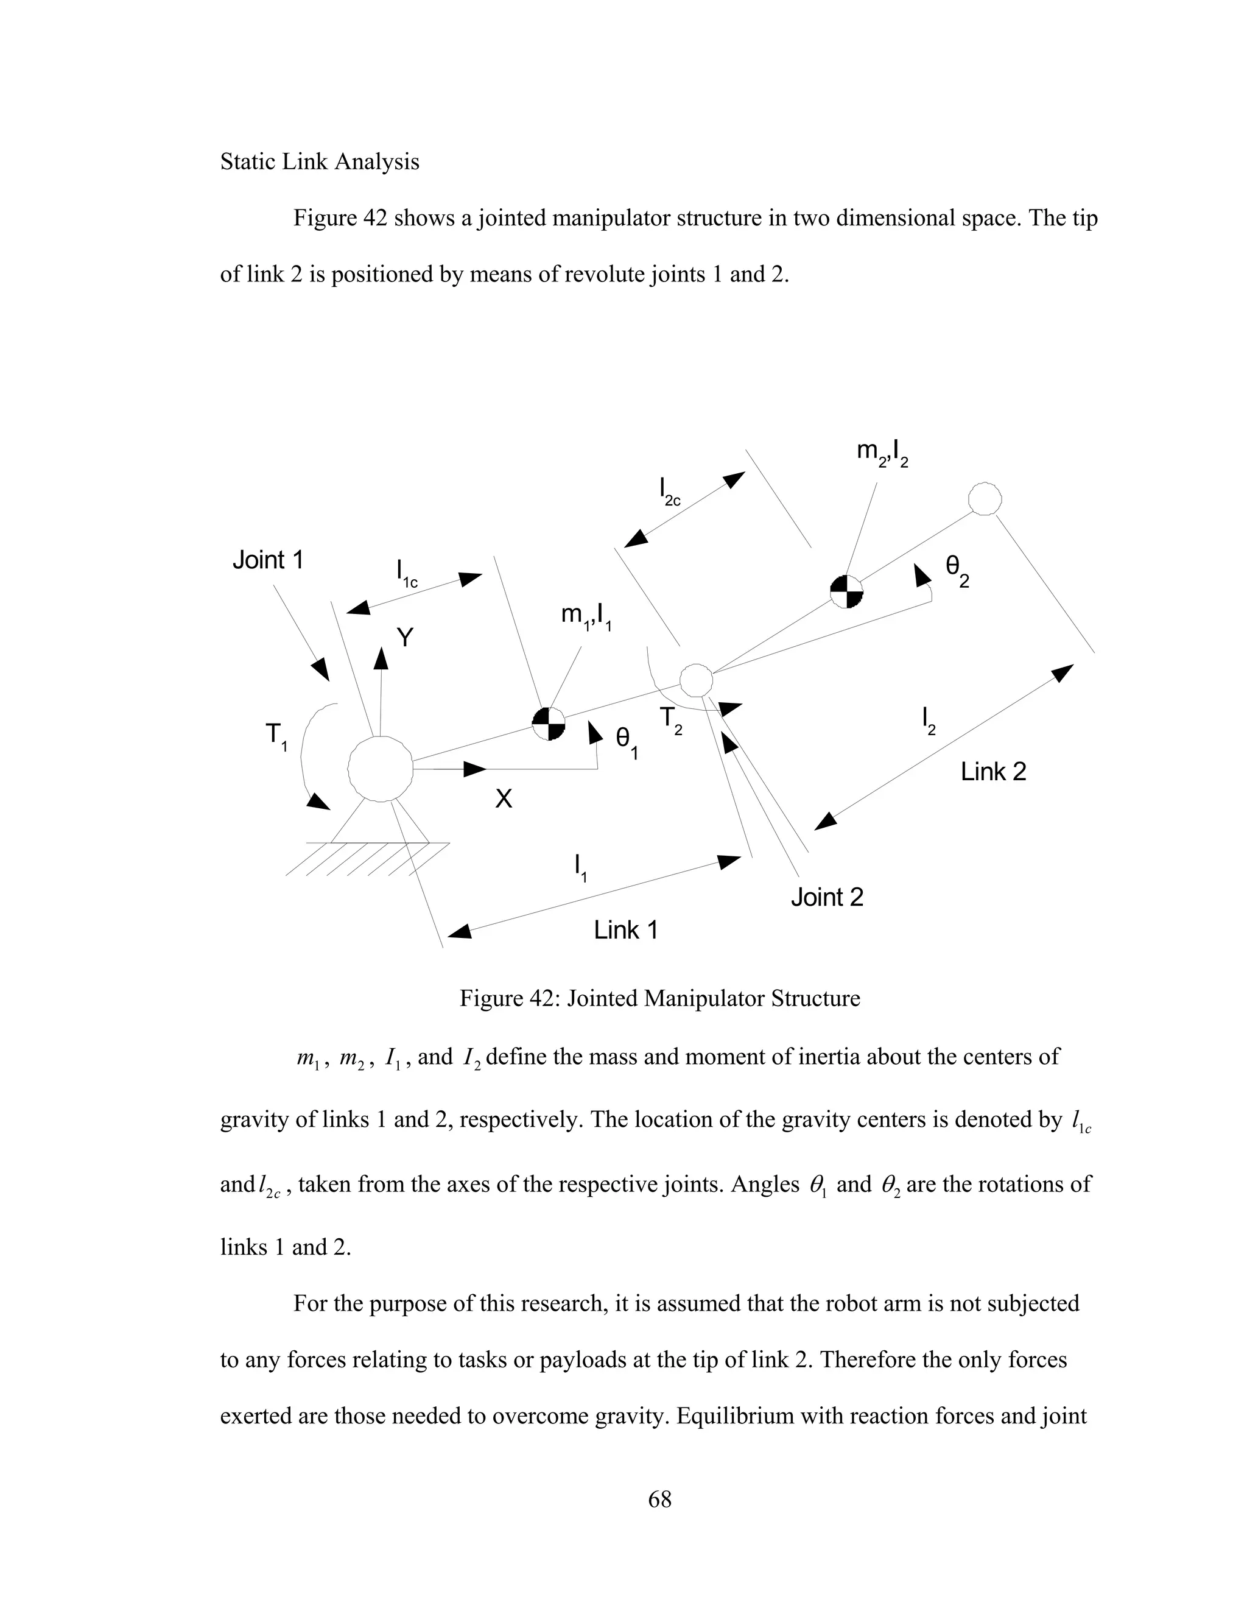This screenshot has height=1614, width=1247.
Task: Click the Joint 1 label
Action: pyautogui.click(x=267, y=560)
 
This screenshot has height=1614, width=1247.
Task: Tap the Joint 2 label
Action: pyautogui.click(x=827, y=897)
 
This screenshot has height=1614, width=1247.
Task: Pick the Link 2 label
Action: pyautogui.click(x=993, y=772)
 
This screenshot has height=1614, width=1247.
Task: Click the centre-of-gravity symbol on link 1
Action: pyautogui.click(x=549, y=723)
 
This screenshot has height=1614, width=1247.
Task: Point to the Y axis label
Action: pyautogui.click(x=405, y=637)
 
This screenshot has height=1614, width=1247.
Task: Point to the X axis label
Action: pyautogui.click(x=503, y=798)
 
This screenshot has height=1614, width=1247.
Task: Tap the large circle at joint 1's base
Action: pyautogui.click(x=380, y=769)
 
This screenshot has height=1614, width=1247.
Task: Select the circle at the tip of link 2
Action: pyautogui.click(x=985, y=499)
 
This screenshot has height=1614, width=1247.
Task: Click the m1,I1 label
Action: pyautogui.click(x=586, y=616)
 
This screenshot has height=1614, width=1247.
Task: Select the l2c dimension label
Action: pyautogui.click(x=669, y=492)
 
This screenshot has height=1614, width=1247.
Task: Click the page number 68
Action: pyautogui.click(x=659, y=1499)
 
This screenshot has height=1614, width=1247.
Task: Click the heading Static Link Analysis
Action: pyautogui.click(x=319, y=162)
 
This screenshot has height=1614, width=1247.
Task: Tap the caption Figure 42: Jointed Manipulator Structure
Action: pyautogui.click(x=659, y=998)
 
